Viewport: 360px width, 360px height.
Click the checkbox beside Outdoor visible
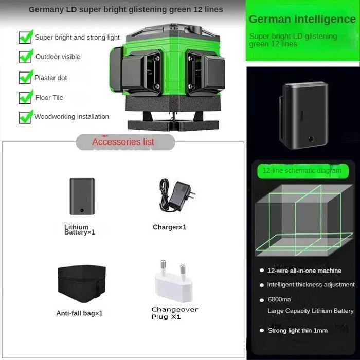[25, 57]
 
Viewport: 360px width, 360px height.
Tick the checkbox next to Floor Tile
[25, 98]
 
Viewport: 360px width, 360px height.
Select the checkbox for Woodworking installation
[25, 118]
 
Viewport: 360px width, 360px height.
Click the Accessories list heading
[123, 142]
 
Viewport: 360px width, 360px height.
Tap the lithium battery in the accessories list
[82, 196]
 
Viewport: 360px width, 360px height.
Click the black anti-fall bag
[81, 283]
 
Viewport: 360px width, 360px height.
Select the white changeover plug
[174, 281]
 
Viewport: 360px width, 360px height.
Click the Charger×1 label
[169, 227]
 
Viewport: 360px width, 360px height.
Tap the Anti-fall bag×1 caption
[79, 313]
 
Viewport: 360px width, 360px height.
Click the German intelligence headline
[302, 20]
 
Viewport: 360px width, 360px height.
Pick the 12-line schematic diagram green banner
[303, 171]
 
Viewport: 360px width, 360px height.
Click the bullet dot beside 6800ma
[261, 300]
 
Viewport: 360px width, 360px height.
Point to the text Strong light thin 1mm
[298, 331]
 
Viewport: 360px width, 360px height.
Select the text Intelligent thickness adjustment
[311, 285]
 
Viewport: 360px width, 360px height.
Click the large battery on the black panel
[303, 115]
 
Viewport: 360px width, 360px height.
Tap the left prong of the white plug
[163, 266]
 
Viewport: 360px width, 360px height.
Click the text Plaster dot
[50, 78]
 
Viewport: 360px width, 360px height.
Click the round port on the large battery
[311, 139]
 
